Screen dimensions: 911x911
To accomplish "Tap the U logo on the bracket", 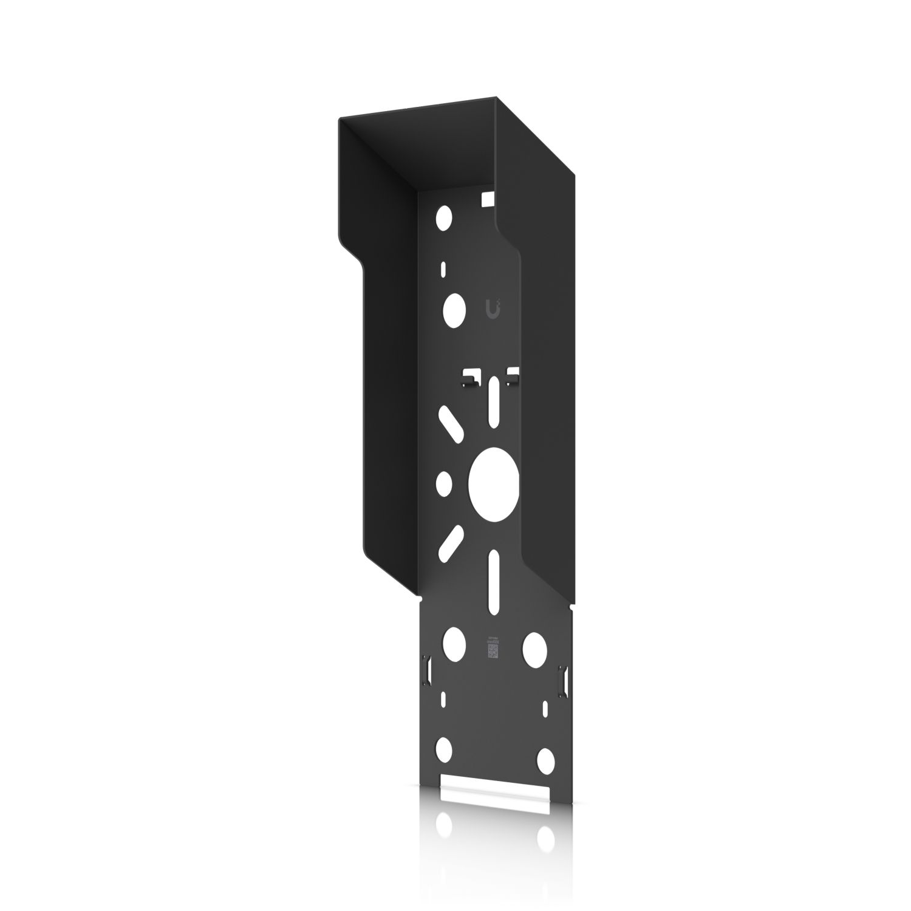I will (494, 308).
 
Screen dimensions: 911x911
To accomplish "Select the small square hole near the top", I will (488, 198).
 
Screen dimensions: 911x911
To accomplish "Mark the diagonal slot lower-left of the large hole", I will (451, 542).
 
